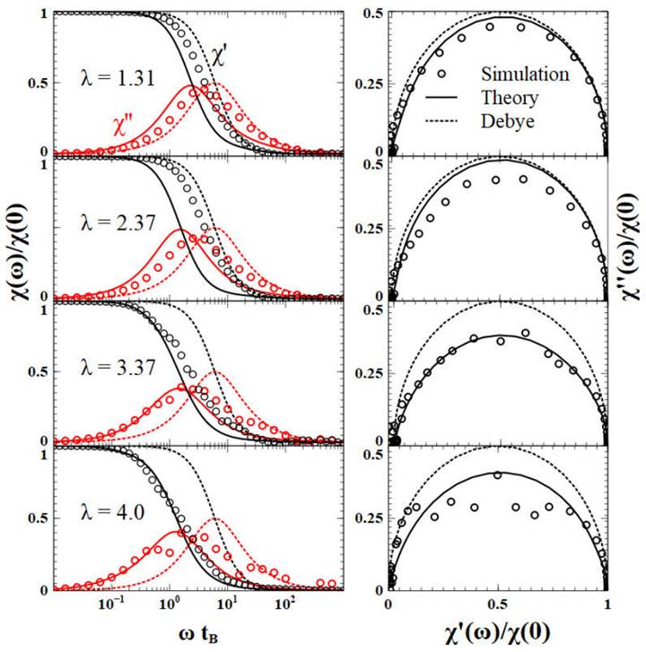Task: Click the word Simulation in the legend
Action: coord(526,72)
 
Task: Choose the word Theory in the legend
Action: coord(510,97)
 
